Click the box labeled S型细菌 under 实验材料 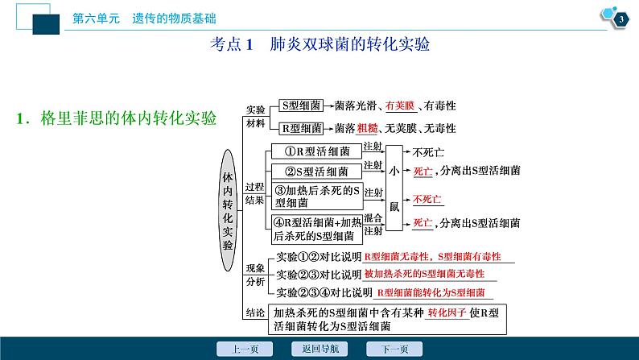coord(302,106)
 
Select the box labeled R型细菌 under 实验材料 coord(302,127)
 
